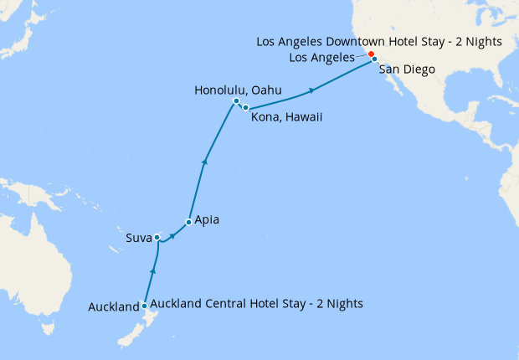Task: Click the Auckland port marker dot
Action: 145,306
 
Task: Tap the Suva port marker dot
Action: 157,238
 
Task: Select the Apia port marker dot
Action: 188,222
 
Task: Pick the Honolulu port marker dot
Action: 236,102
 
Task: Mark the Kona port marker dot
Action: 245,108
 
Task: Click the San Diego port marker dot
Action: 374,59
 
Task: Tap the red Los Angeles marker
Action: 371,54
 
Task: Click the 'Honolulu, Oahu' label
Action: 237,90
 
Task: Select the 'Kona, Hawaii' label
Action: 287,117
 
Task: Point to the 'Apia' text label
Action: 208,221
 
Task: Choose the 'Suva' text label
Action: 137,238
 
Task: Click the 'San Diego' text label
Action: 407,69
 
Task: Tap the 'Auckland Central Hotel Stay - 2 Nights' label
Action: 256,303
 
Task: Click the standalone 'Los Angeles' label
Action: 321,57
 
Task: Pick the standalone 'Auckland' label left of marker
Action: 113,307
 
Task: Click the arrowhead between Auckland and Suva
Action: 152,270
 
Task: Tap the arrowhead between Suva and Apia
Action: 172,236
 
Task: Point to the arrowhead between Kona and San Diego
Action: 312,90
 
